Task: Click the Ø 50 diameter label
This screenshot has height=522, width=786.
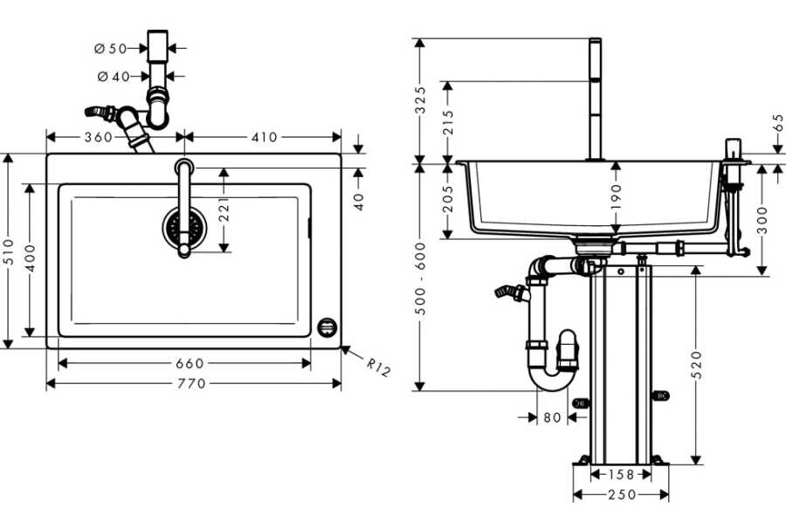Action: [x=110, y=49]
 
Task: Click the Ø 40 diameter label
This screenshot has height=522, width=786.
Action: [x=114, y=77]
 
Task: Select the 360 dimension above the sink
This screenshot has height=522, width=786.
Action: [x=98, y=137]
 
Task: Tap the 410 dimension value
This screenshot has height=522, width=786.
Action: [x=264, y=137]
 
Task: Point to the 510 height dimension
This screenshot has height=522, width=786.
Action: [x=8, y=251]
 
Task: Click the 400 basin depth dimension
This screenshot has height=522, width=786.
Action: [x=30, y=258]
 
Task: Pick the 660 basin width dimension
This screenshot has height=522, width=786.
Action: [x=190, y=363]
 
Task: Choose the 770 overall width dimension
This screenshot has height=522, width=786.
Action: [x=191, y=384]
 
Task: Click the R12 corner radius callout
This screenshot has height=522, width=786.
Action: [x=378, y=367]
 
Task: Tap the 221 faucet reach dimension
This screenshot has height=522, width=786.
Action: [x=224, y=209]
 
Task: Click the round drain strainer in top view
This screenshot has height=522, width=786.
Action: [x=184, y=229]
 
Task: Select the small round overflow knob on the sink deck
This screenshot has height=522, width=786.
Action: [x=327, y=326]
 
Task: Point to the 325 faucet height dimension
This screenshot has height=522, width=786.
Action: [x=420, y=100]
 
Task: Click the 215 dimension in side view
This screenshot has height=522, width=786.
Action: [x=448, y=122]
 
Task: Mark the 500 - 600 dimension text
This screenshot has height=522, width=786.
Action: [x=420, y=278]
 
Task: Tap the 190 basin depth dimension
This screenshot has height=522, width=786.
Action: [x=616, y=196]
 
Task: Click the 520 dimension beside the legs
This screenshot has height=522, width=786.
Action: [x=696, y=365]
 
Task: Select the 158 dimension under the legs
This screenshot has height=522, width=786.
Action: [x=622, y=474]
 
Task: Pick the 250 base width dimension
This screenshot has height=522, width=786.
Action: [x=622, y=495]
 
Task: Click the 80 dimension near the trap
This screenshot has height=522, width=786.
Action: [x=552, y=417]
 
